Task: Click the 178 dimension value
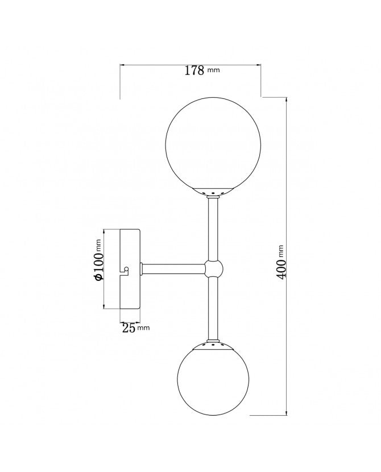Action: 194,71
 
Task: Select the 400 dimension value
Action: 281,268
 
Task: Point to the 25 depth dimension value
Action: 128,328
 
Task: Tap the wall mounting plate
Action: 131,269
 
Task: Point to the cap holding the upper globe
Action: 213,192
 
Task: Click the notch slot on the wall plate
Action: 124,269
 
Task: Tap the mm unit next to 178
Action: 213,71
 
